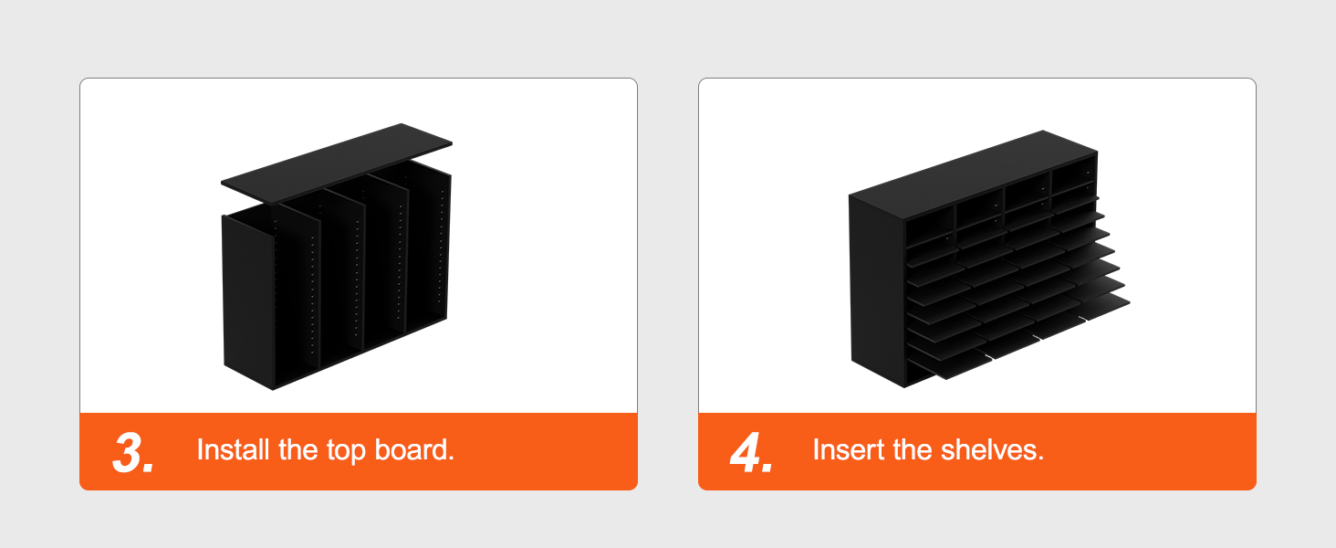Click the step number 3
point(133,452)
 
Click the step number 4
point(751,452)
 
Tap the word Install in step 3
point(233,449)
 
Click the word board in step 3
point(414,449)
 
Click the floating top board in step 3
point(337,163)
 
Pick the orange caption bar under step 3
point(359,451)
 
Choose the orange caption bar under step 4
point(977,451)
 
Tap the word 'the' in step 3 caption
point(297,449)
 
